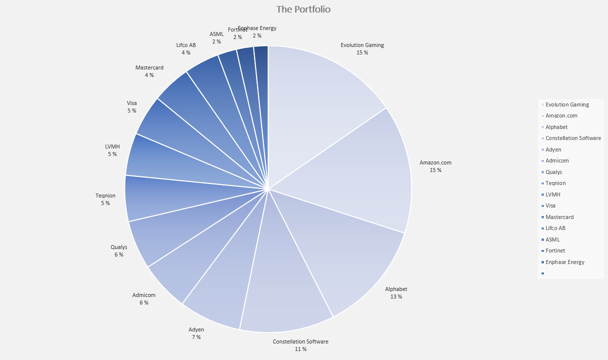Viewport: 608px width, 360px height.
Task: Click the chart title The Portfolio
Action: coord(303,9)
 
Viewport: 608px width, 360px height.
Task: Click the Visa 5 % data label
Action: coord(131,107)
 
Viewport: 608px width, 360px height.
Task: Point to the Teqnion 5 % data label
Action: coord(105,199)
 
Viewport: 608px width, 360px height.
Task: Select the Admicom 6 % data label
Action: coord(143,299)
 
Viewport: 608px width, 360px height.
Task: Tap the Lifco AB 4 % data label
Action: coord(186,48)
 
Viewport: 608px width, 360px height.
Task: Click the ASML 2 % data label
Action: coord(216,38)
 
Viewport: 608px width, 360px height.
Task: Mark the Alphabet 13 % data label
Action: coord(396,293)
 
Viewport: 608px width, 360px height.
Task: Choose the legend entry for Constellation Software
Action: coord(573,138)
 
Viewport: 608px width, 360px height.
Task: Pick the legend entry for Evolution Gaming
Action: coord(567,104)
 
